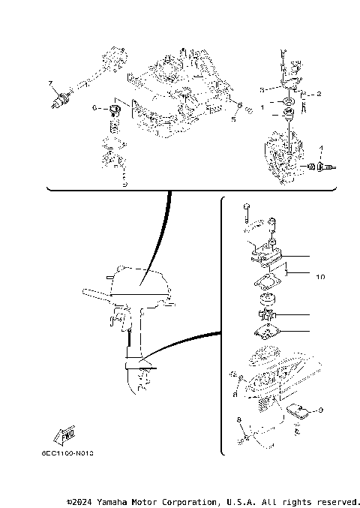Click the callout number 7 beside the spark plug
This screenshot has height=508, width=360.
click(50, 82)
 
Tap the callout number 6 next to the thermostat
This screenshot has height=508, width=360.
click(94, 108)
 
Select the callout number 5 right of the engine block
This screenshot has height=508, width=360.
click(233, 118)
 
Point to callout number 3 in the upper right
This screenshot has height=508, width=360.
click(262, 89)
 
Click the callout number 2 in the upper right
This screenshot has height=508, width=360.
click(318, 94)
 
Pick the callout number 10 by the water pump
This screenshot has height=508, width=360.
click(321, 277)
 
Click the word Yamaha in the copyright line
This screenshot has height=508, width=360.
click(111, 500)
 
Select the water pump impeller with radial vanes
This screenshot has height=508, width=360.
click(268, 315)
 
